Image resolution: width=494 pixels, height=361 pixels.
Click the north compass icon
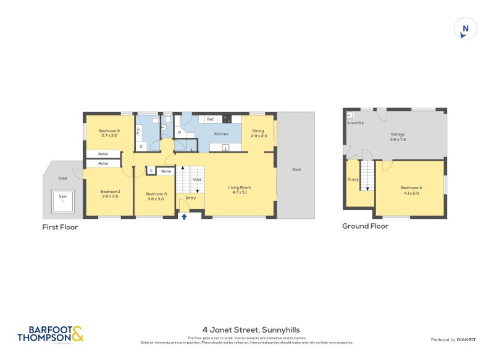coord(466,29)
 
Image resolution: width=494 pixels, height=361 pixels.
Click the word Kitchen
coord(221,134)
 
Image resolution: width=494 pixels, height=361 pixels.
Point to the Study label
coord(353,179)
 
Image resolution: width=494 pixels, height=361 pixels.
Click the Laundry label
coord(356,123)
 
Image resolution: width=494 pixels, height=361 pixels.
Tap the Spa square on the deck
coord(62,200)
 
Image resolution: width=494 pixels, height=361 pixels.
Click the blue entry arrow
coord(184,216)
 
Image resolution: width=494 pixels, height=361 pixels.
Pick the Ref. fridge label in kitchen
coord(211,119)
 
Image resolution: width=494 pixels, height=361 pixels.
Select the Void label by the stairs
coord(197,180)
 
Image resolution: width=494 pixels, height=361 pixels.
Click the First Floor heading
coord(60,227)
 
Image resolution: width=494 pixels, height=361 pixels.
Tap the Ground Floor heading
coord(365,226)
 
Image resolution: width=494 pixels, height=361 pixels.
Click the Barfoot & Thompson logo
coord(50,334)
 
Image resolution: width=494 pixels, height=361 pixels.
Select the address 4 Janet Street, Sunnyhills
coord(251,330)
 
